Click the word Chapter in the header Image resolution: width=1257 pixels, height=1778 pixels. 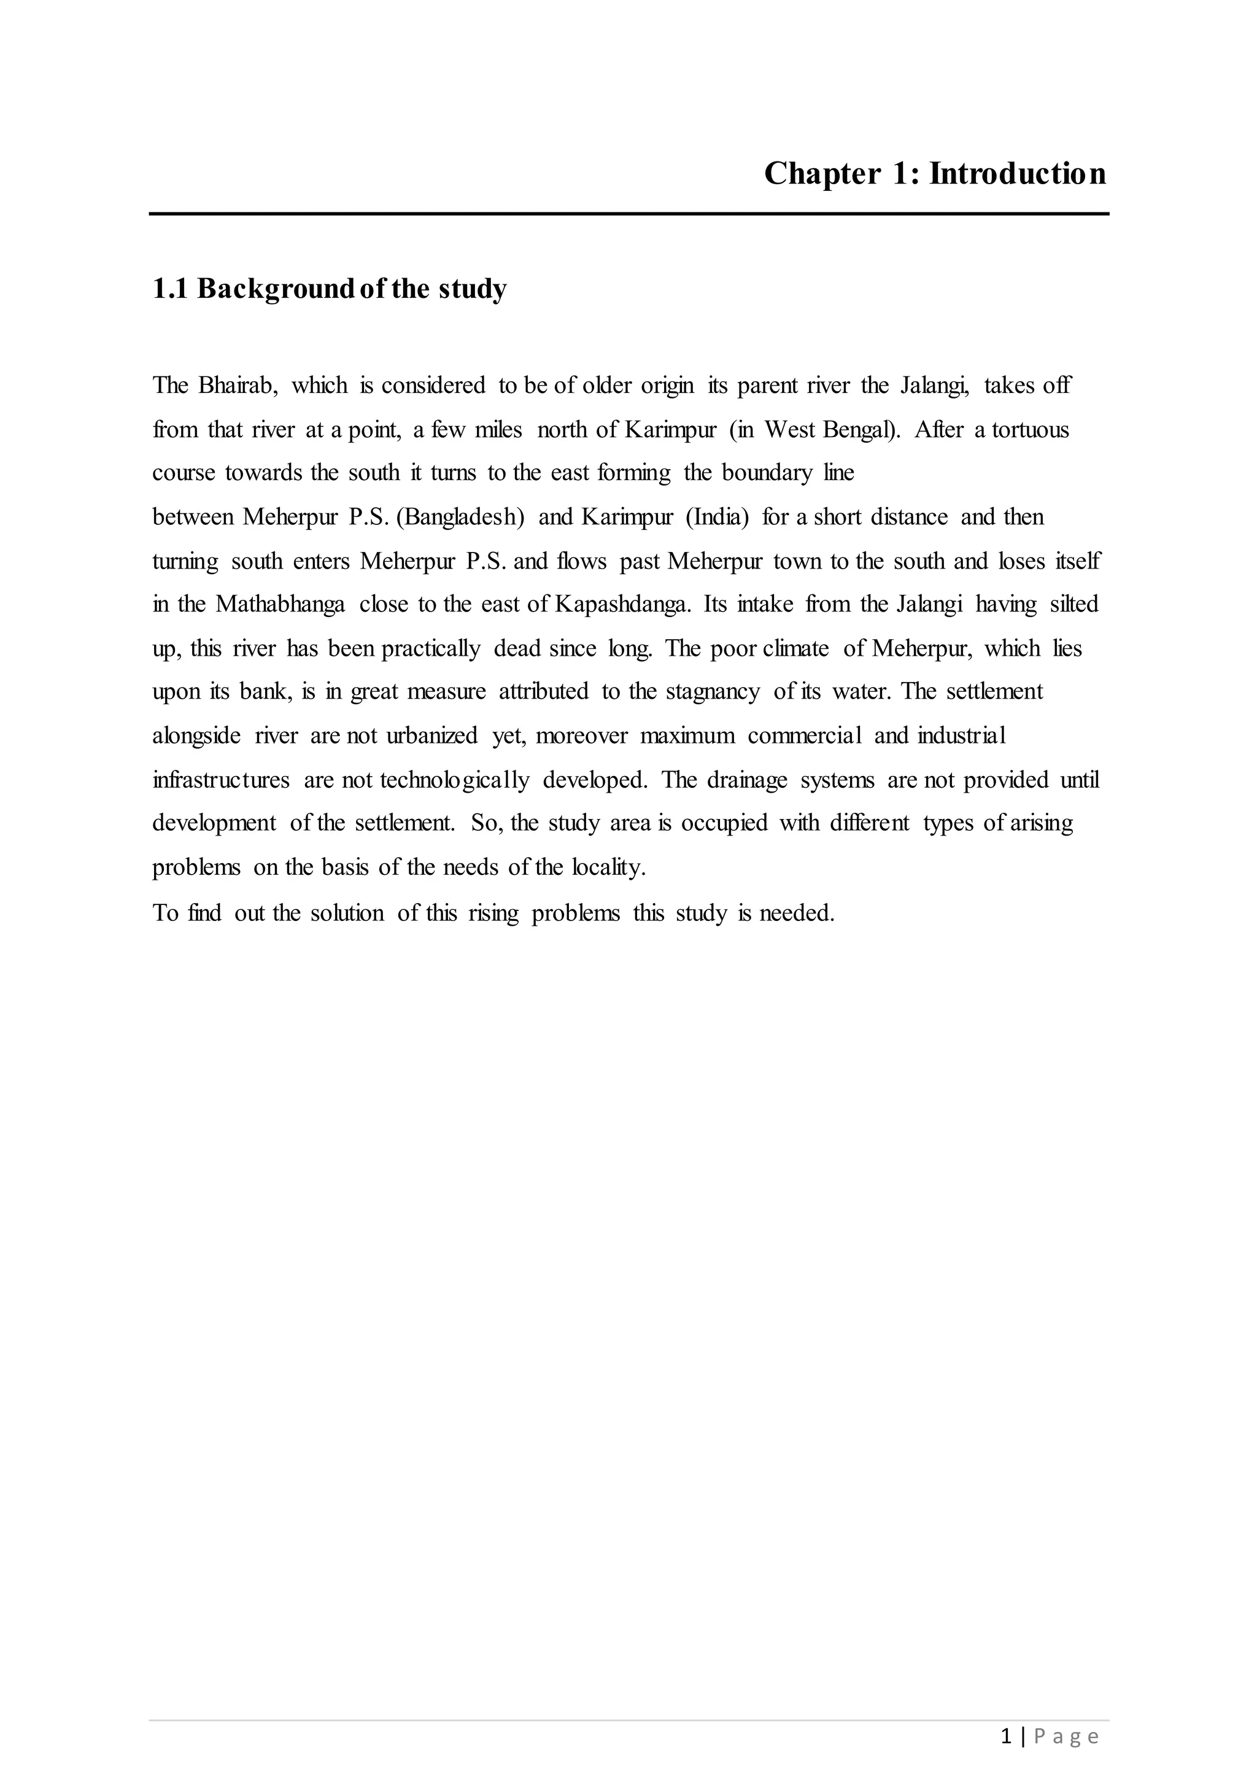coord(822,174)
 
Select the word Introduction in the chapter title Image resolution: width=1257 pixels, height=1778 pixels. coord(1017,174)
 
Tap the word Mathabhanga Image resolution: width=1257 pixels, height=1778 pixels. coord(280,604)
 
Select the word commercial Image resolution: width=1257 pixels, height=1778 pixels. coord(804,736)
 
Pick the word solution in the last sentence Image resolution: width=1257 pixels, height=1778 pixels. coord(347,914)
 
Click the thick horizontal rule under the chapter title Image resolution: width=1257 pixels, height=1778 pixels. coord(628,214)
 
